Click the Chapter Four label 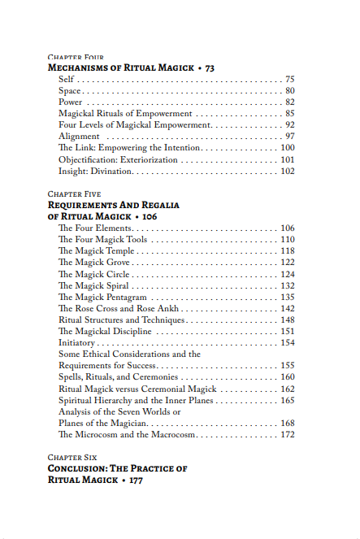tap(76, 58)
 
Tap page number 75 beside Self tap(289, 80)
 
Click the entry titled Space tap(70, 91)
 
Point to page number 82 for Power tap(289, 102)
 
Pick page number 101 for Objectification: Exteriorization tap(287, 160)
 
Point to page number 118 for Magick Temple tap(287, 252)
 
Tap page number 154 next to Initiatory tap(287, 343)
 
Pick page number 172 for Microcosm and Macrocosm tap(287, 435)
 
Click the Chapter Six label tap(72, 458)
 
